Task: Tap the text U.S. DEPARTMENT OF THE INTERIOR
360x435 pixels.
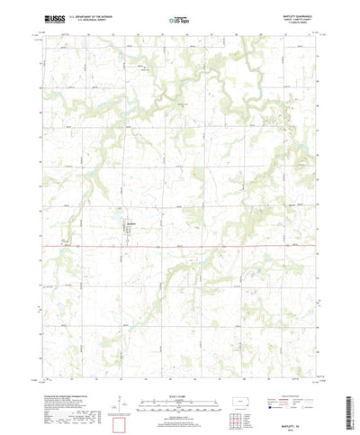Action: tap(90, 16)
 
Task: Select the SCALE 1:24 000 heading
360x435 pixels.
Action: tap(180, 370)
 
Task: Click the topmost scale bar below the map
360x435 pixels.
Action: tap(180, 376)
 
